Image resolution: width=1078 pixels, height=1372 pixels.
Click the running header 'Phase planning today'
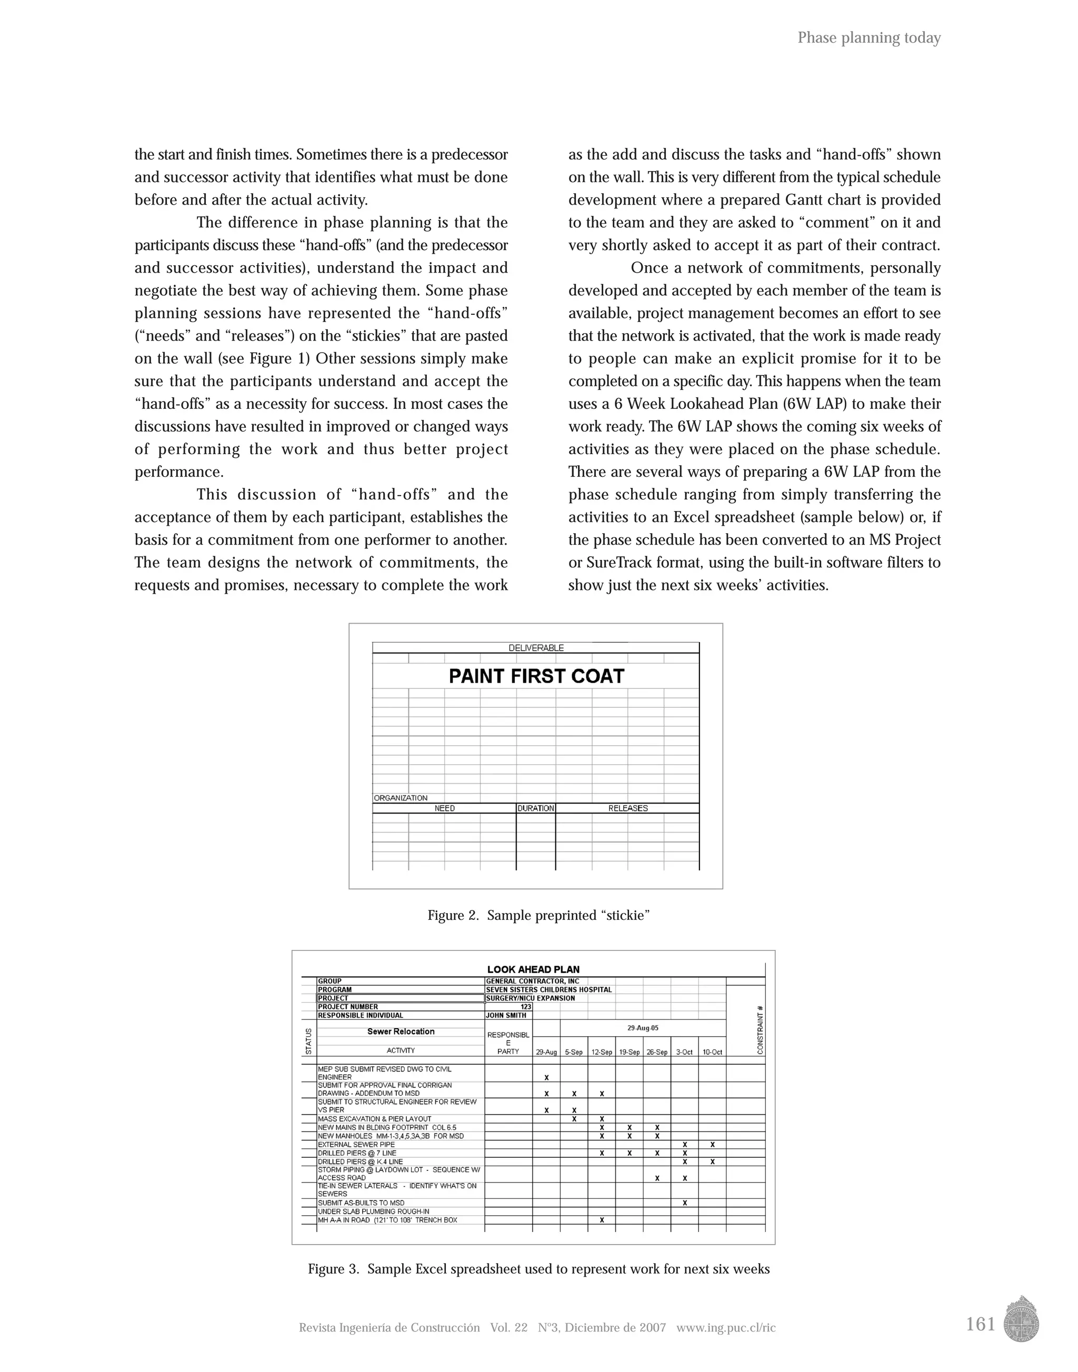click(869, 38)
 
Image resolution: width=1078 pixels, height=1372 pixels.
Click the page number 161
click(980, 1324)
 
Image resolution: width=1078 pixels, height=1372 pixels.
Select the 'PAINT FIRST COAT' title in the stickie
click(536, 677)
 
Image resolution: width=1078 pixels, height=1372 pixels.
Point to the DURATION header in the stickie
click(536, 808)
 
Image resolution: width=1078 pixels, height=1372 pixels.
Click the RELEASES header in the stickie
click(627, 808)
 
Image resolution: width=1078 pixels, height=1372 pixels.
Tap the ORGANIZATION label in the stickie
click(401, 798)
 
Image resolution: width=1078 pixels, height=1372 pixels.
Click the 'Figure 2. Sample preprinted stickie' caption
click(538, 915)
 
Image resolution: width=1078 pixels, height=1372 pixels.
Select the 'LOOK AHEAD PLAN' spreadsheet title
click(533, 969)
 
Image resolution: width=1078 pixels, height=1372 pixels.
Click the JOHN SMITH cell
click(506, 1015)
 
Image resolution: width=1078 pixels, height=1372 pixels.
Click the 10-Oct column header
click(712, 1052)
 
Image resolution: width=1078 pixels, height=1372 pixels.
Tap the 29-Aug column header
click(546, 1052)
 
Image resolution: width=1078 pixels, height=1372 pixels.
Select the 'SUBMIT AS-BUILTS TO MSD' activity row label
click(361, 1203)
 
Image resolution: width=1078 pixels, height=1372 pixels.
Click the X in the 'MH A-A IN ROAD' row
click(602, 1220)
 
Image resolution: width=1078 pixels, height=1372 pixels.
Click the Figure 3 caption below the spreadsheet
click(538, 1269)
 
